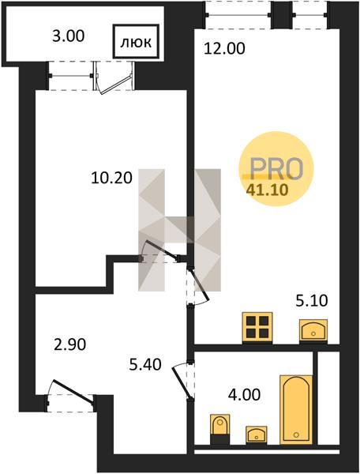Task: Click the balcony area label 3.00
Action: (68, 36)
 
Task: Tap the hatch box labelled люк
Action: (136, 41)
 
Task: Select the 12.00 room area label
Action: (224, 49)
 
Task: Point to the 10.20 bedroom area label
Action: (111, 178)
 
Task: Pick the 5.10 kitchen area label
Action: (312, 301)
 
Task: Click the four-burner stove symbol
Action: (257, 328)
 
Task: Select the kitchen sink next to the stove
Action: (313, 331)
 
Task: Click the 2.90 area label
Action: (69, 344)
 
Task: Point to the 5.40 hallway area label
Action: (145, 364)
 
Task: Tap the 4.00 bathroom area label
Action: (244, 395)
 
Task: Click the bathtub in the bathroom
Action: (296, 409)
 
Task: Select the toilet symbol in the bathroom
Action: (219, 429)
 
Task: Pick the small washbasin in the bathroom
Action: (256, 434)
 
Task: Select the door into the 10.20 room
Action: (160, 250)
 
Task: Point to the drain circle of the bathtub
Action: (296, 434)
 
